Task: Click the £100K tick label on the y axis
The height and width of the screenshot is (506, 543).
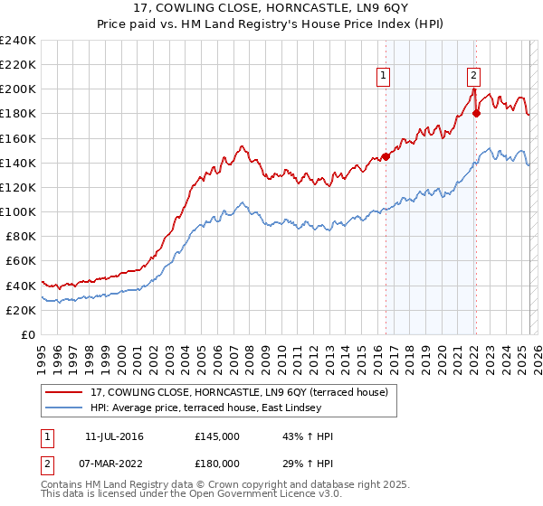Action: [18, 211]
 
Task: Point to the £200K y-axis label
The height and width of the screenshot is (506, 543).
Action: [18, 89]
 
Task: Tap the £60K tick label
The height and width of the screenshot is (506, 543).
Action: [22, 260]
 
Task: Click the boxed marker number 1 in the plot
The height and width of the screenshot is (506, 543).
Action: [385, 77]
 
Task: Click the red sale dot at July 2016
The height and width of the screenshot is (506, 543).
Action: [386, 156]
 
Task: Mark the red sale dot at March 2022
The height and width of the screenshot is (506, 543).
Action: [476, 114]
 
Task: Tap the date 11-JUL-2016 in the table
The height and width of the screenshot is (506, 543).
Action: [120, 436]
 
